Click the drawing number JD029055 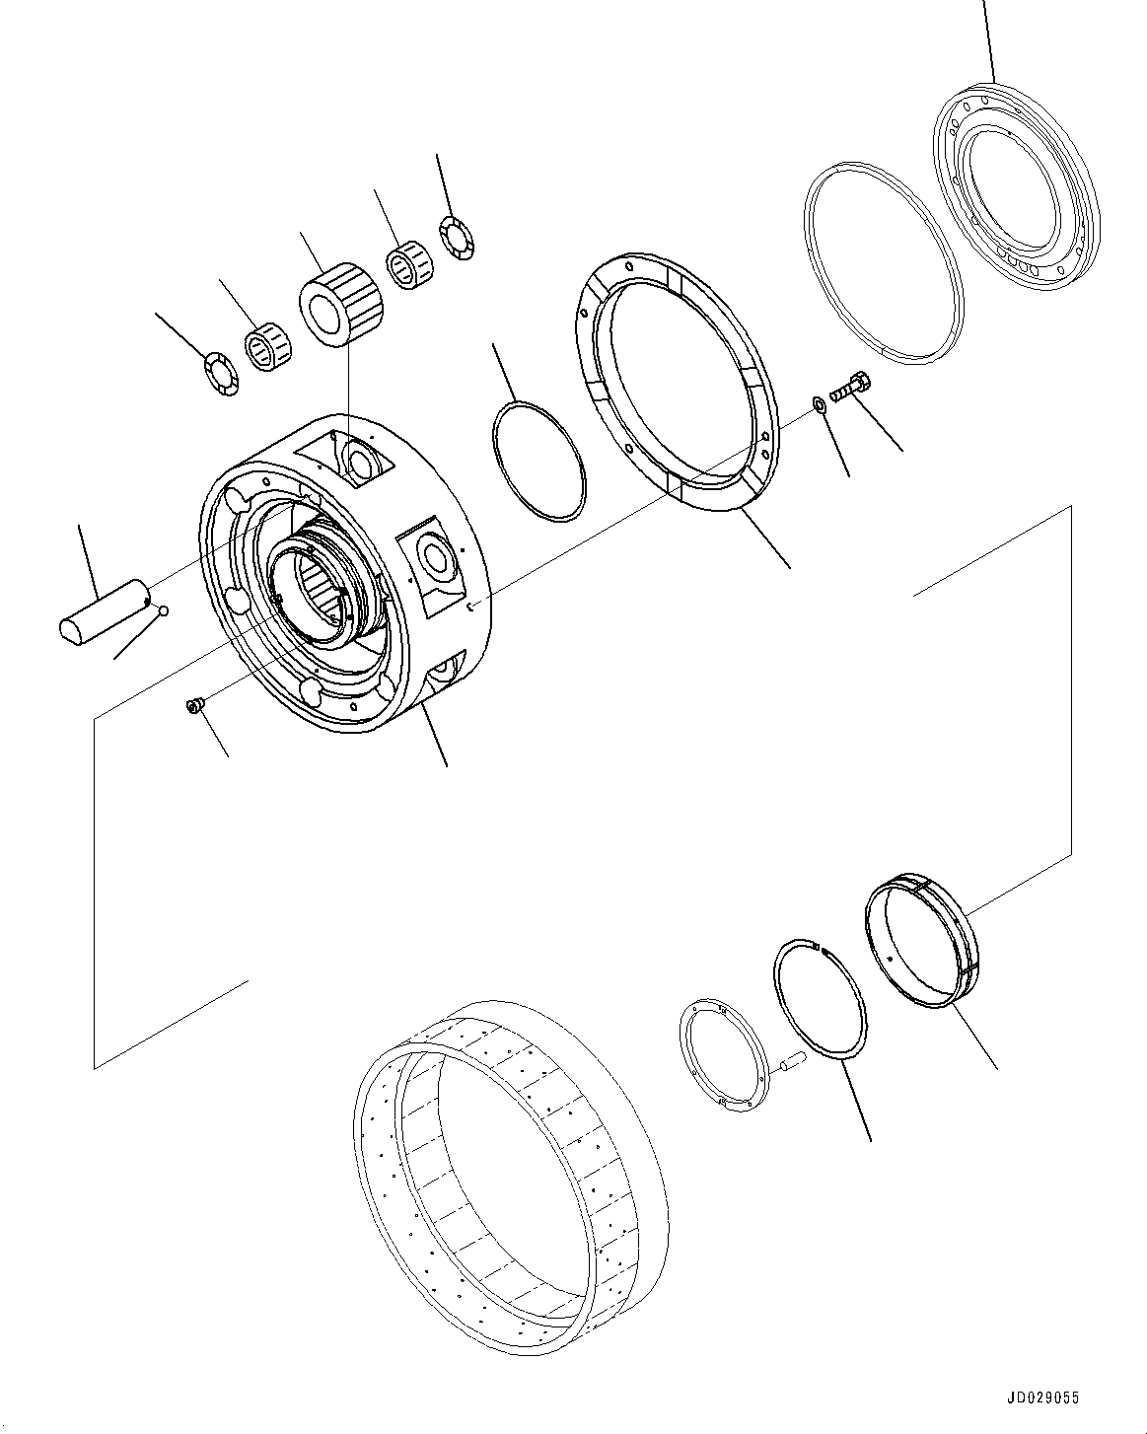[1043, 1398]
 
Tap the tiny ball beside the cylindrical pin [164, 611]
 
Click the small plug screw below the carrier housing [194, 704]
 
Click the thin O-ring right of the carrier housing [538, 460]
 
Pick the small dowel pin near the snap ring [791, 1062]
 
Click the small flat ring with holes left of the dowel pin [722, 1056]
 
